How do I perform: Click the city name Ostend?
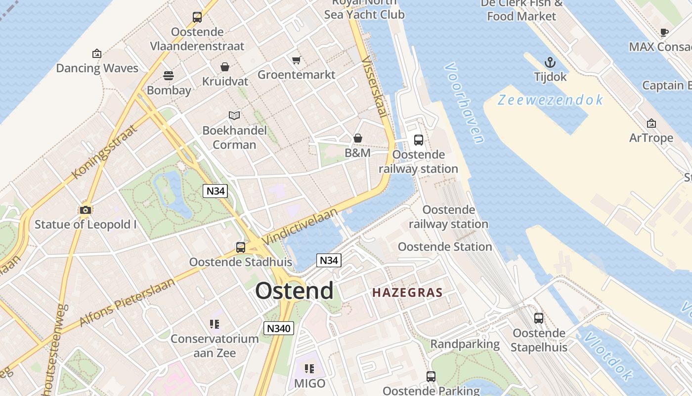(x=294, y=291)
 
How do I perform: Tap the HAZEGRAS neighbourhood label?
(x=407, y=293)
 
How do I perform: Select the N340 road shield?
(x=279, y=328)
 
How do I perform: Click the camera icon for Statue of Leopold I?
(x=86, y=210)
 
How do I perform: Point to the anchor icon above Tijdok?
(x=550, y=62)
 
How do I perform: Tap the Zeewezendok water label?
(x=550, y=100)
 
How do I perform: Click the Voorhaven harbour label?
(x=464, y=103)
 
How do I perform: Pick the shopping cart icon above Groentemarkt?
(x=296, y=60)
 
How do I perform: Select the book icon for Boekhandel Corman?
(x=234, y=116)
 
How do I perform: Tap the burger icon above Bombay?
(x=169, y=76)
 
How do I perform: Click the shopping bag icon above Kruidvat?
(x=225, y=67)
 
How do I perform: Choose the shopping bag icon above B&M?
(x=357, y=138)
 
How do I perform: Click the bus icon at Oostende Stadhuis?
(x=241, y=247)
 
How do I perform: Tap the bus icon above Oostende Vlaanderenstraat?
(x=197, y=17)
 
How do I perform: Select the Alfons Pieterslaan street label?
(x=127, y=302)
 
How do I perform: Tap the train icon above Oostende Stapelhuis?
(x=539, y=318)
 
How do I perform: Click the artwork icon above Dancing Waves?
(x=97, y=53)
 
